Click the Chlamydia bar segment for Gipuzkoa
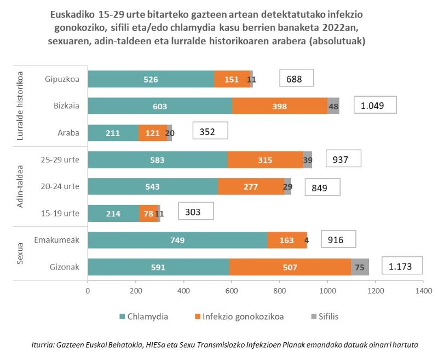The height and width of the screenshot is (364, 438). click(151, 79)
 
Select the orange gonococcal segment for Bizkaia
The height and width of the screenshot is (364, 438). click(279, 106)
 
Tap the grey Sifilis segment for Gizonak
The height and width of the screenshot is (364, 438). click(360, 267)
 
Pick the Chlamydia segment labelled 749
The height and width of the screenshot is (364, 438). click(177, 240)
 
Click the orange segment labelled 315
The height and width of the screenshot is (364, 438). click(264, 160)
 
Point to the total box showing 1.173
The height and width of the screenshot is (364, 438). click(403, 267)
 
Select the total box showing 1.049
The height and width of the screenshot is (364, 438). click(375, 105)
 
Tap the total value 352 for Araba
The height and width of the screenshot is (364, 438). click(210, 131)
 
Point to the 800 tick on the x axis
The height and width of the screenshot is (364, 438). click(279, 291)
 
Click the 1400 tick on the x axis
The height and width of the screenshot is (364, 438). click(423, 291)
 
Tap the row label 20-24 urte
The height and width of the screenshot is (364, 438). click(60, 186)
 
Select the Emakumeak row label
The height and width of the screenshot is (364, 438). click(56, 240)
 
